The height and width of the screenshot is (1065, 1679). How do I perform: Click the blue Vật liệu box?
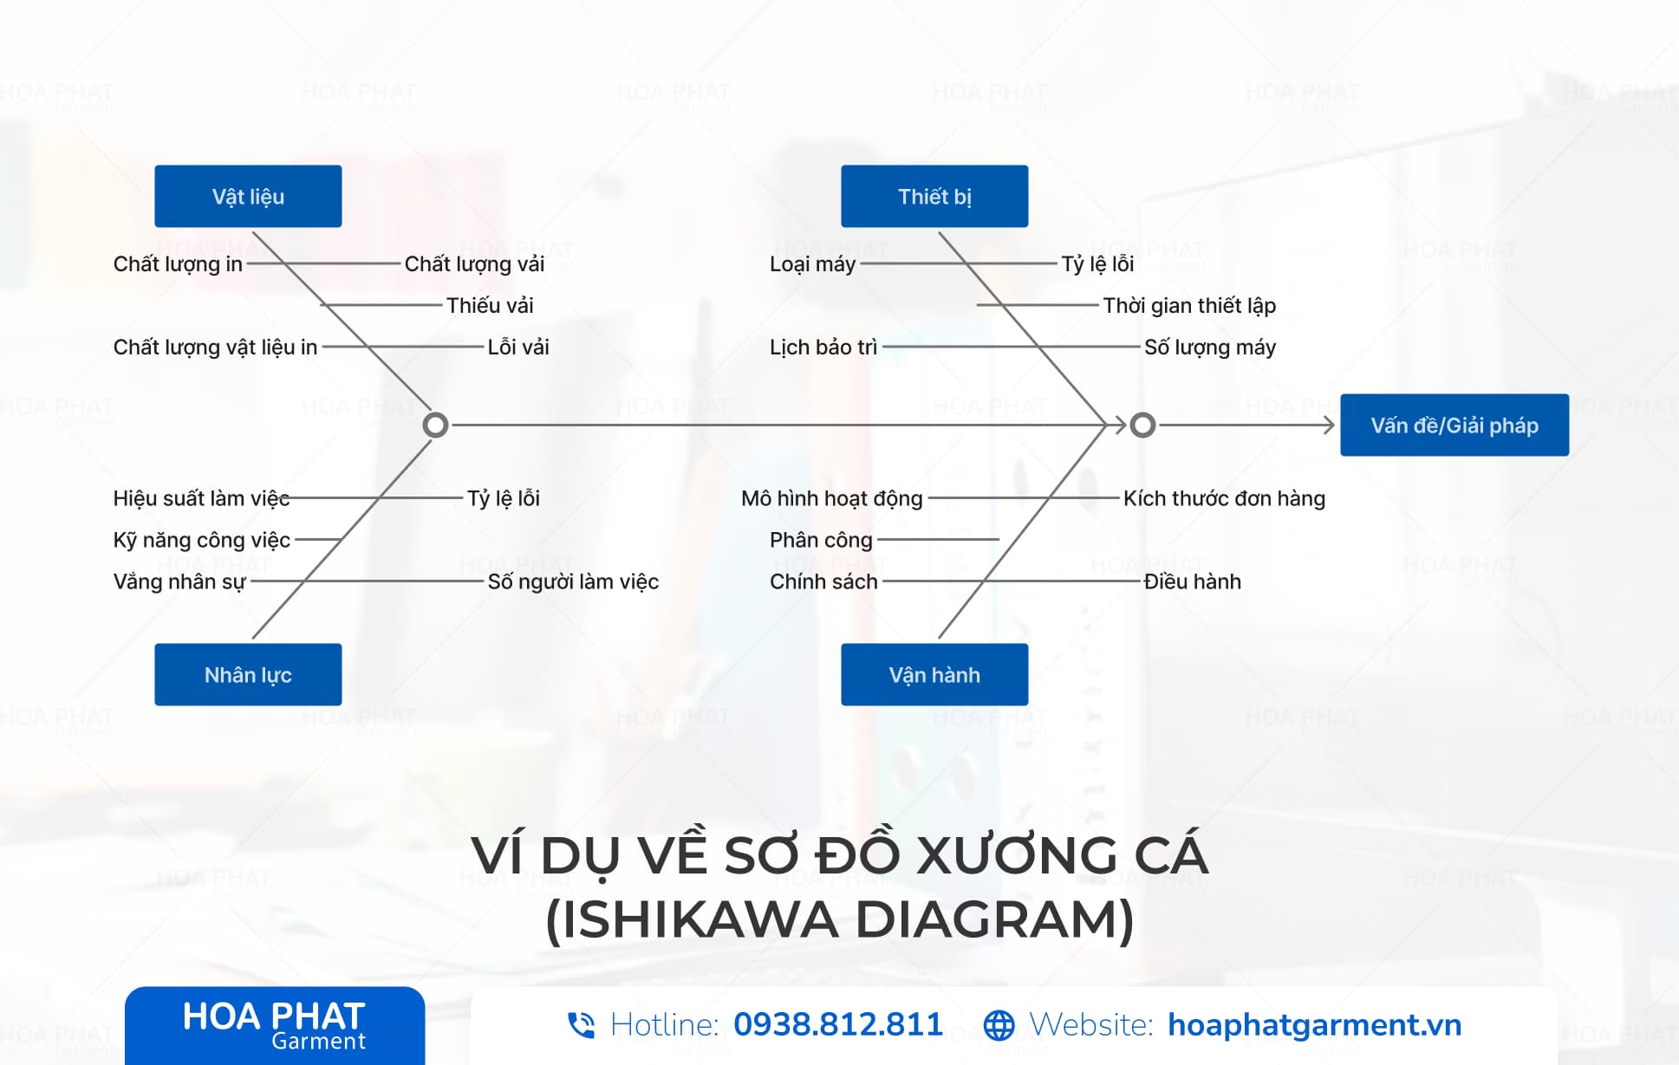[248, 196]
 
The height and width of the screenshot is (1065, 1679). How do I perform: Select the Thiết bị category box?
[934, 196]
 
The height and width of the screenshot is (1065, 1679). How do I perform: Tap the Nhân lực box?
[248, 674]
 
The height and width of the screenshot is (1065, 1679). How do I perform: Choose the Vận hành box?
[934, 674]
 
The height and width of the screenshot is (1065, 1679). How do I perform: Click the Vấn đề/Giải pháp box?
[1454, 425]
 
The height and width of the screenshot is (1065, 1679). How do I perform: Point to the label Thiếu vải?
[490, 305]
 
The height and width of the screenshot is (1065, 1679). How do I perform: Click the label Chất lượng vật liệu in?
[215, 347]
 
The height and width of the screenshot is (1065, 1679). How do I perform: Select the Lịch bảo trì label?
[823, 347]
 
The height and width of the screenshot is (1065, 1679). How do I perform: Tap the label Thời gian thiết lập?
[1189, 306]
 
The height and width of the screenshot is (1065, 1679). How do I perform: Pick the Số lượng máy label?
[1210, 347]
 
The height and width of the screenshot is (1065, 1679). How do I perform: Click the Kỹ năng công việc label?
[201, 540]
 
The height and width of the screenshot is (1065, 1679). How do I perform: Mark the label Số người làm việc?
[573, 581]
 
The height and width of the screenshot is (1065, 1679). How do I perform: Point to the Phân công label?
[821, 540]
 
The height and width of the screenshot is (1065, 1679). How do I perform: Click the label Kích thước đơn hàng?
[1224, 498]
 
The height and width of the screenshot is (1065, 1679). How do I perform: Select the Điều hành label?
[1192, 581]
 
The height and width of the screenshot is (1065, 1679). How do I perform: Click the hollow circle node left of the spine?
[435, 425]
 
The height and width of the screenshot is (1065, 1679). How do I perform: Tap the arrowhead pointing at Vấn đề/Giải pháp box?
[1328, 425]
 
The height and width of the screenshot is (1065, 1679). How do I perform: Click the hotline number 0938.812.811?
[837, 1024]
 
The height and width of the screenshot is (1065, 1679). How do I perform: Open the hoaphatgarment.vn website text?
[1314, 1025]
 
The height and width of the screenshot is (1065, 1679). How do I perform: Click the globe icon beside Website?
[999, 1025]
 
